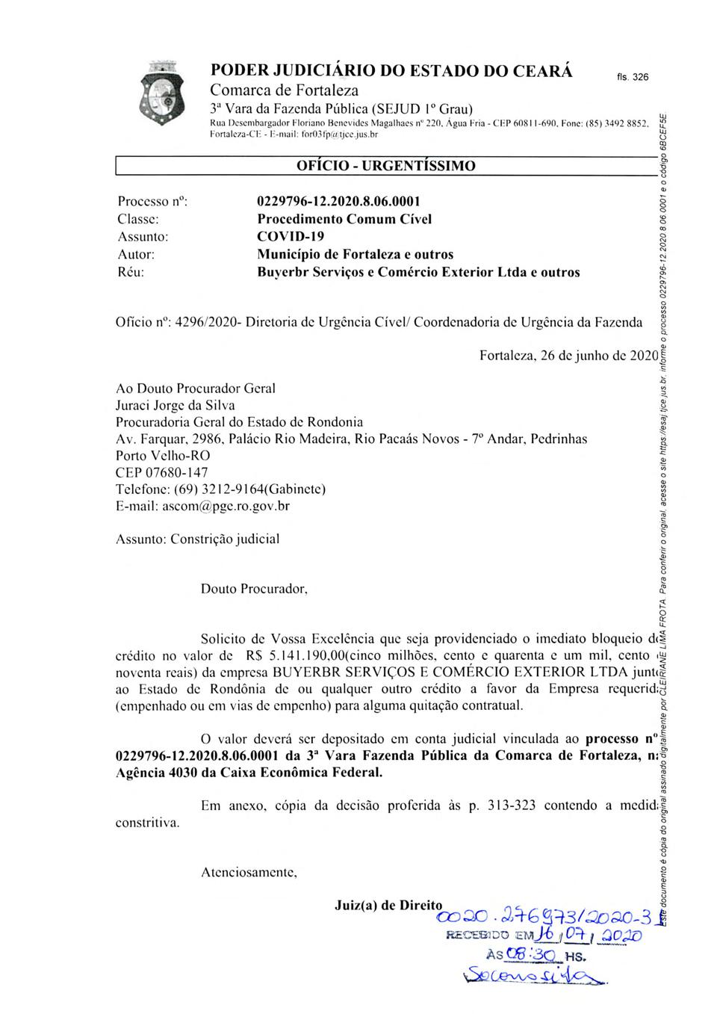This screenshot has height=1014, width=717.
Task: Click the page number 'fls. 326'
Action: (633, 78)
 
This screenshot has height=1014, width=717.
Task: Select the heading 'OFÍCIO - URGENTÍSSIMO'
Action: (385, 166)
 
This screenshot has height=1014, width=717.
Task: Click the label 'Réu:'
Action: (131, 273)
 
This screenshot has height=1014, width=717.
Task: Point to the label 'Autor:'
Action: (136, 255)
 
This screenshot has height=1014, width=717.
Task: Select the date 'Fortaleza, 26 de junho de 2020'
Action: (568, 356)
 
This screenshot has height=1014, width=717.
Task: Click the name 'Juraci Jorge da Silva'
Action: (175, 405)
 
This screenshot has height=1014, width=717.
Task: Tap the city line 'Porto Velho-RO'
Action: (163, 455)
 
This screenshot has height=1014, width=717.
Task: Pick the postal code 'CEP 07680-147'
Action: (161, 472)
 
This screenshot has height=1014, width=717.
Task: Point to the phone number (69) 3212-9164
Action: (218, 489)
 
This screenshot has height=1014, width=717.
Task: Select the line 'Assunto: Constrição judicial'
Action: (198, 539)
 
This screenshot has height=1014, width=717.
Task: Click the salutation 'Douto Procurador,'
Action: (254, 589)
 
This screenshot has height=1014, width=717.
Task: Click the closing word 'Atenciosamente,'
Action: (249, 872)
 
